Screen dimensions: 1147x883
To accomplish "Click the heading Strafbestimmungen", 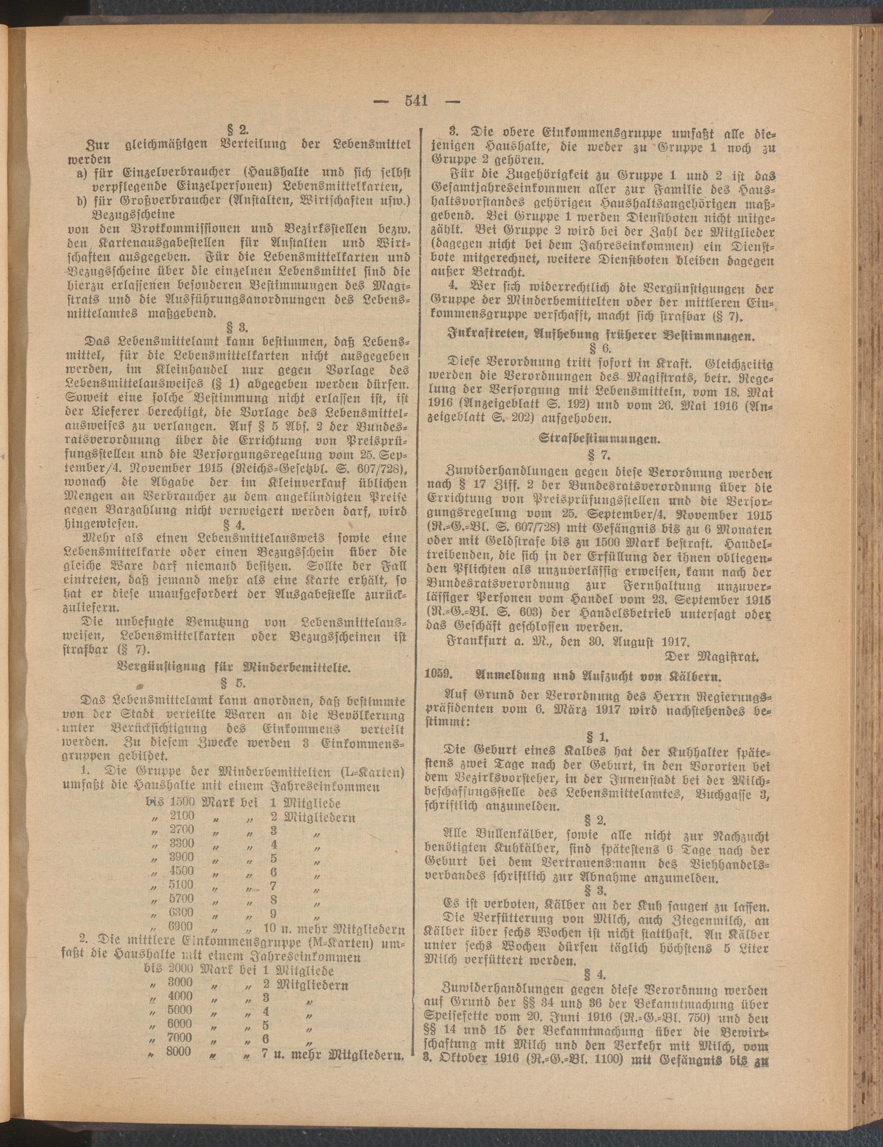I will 600,441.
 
